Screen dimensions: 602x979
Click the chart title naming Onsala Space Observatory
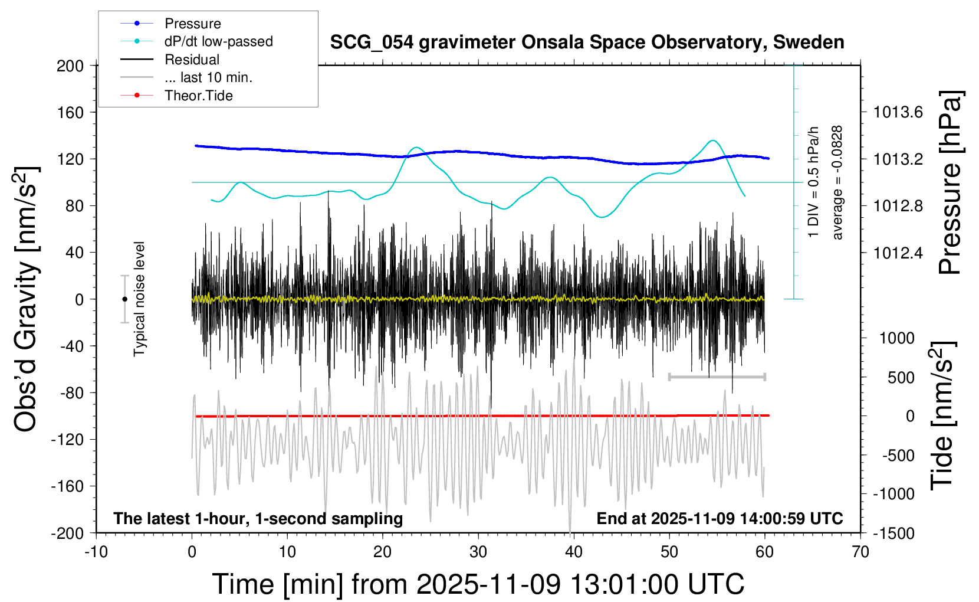click(587, 42)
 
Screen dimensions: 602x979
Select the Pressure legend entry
click(192, 24)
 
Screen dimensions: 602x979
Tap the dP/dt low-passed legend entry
click(218, 41)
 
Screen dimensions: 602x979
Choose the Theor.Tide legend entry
click(198, 96)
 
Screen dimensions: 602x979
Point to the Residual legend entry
click(192, 60)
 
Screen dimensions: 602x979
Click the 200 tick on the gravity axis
click(70, 66)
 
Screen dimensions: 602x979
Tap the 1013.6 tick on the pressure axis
click(898, 112)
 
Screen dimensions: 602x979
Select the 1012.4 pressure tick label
click(898, 253)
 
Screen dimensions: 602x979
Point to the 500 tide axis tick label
click(901, 377)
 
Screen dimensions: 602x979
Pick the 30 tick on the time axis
click(478, 552)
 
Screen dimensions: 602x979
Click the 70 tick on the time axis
click(860, 552)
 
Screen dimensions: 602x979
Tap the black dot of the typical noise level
click(124, 299)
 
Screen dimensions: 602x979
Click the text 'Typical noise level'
click(139, 299)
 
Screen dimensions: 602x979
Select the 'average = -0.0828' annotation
click(837, 182)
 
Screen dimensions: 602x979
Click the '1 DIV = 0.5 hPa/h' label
click(814, 182)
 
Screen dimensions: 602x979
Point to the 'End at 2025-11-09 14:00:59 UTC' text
click(720, 518)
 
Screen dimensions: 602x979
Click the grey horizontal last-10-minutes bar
click(717, 377)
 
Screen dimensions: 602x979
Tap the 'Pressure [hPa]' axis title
click(950, 182)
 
